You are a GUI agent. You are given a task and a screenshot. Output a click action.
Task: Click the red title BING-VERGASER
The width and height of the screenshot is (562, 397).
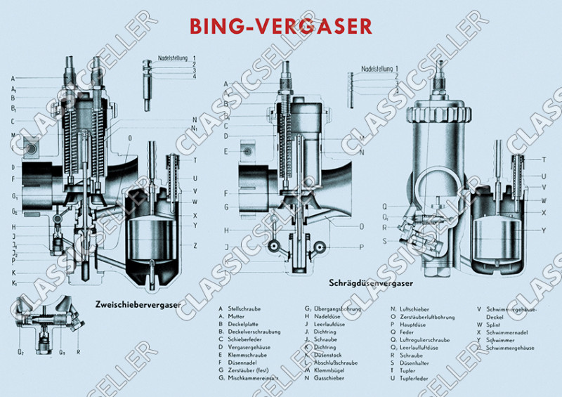point(281,26)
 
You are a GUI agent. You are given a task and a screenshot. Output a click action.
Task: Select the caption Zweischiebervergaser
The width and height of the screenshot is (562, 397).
point(136,305)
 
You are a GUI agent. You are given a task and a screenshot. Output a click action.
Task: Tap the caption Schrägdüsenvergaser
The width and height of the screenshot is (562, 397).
point(370,284)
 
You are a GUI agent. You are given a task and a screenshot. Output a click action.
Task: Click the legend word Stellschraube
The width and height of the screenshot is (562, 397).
point(243,308)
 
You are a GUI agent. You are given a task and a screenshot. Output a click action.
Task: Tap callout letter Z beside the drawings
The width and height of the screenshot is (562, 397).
point(195,245)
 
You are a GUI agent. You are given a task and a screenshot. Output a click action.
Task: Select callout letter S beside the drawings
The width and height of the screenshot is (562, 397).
point(385,241)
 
